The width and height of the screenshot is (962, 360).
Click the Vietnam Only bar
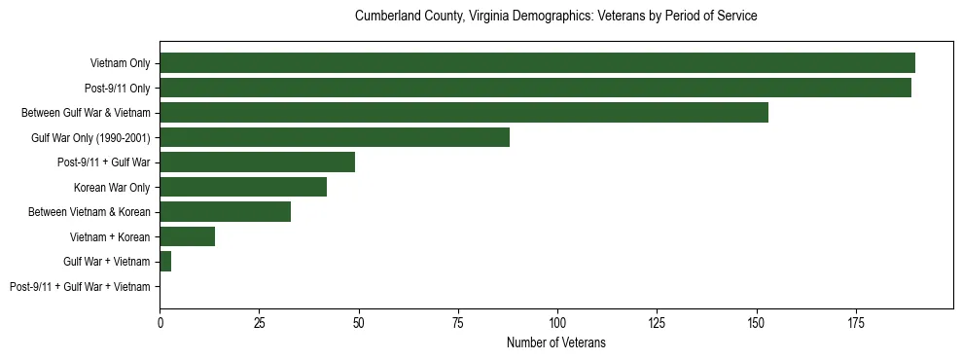point(537,63)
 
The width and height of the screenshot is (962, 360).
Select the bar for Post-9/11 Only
point(535,88)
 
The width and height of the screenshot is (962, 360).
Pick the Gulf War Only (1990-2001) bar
point(335,137)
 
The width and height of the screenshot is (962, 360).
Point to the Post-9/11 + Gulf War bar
point(257,162)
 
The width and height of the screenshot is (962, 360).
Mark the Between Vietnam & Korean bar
point(225,211)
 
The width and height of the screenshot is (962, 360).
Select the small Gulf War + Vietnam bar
point(165,261)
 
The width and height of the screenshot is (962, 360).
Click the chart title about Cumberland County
point(555,17)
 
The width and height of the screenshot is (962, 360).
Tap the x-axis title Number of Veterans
point(555,342)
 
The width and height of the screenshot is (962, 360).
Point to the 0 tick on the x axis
point(160,322)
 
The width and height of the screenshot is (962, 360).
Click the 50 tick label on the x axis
point(359,322)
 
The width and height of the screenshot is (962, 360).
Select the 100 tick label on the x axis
point(557,322)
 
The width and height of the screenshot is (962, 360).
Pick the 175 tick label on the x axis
point(856,322)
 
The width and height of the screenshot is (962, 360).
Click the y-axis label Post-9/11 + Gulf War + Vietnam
point(80,286)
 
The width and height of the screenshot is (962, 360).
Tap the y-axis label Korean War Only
point(112,187)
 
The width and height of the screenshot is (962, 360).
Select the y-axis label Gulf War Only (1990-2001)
point(90,137)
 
